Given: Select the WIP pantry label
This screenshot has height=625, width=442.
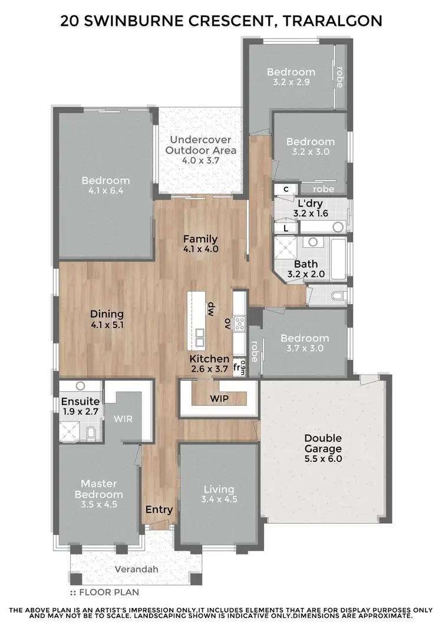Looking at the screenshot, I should [219, 398].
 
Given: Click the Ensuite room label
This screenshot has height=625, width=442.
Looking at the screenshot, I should [80, 402].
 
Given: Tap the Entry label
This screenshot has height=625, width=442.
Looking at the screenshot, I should [159, 510].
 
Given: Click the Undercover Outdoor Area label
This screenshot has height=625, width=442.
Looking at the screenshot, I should [200, 145].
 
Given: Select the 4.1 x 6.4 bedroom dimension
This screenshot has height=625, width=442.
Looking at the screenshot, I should [105, 191].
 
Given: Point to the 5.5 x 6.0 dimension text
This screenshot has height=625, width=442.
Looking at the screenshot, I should [322, 459].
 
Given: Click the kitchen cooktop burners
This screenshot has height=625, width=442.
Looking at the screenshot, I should [240, 322].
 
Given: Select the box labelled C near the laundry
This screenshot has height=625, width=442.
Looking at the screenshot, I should [286, 189].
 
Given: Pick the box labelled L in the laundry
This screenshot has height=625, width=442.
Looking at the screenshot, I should [286, 227].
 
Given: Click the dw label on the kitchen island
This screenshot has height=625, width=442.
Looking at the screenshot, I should [209, 308].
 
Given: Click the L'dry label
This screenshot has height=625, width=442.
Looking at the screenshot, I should [310, 203].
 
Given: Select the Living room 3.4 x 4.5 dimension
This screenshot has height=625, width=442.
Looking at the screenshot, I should [219, 500].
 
